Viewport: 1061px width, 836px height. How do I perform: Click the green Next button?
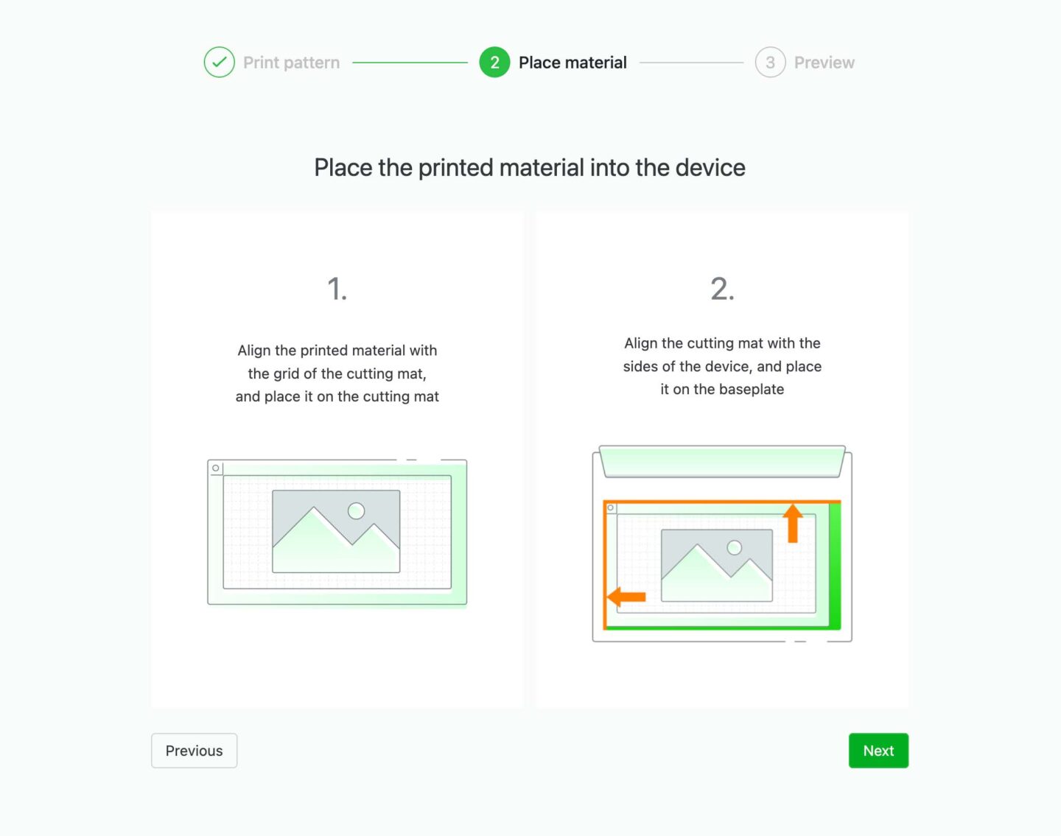pyautogui.click(x=878, y=751)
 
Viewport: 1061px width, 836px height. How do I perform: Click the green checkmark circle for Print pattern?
pyautogui.click(x=219, y=62)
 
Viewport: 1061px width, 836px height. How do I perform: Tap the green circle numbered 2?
pyautogui.click(x=494, y=62)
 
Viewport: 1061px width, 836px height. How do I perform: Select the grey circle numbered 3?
pyautogui.click(x=770, y=62)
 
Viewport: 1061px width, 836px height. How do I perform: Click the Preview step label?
pyautogui.click(x=824, y=63)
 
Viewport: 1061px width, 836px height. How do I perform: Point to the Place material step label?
pyautogui.click(x=572, y=63)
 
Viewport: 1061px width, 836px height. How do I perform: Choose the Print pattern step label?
pyautogui.click(x=291, y=63)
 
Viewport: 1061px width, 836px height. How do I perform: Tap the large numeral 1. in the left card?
pyautogui.click(x=337, y=288)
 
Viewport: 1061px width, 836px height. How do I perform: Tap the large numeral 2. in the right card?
pyautogui.click(x=722, y=288)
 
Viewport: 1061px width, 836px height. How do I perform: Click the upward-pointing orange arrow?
pyautogui.click(x=792, y=523)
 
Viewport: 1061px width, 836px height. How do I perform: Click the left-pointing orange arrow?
pyautogui.click(x=626, y=597)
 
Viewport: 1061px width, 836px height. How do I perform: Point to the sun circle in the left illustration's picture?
pyautogui.click(x=356, y=510)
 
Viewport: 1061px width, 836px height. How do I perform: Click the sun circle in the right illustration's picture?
pyautogui.click(x=734, y=547)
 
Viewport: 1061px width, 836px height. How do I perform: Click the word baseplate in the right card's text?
pyautogui.click(x=752, y=389)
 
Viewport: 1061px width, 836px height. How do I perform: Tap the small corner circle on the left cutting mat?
pyautogui.click(x=215, y=468)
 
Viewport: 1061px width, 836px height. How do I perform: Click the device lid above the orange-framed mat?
pyautogui.click(x=722, y=462)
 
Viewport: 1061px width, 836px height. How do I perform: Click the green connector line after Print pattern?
pyautogui.click(x=410, y=63)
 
